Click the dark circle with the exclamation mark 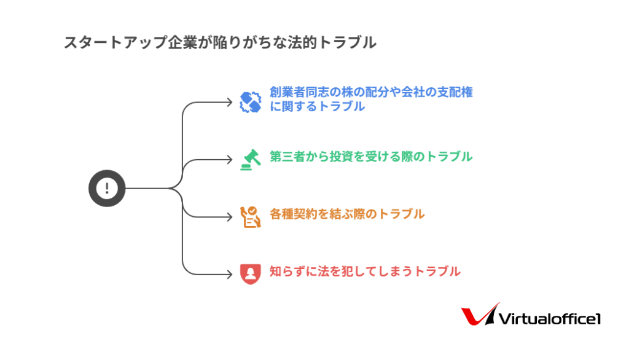(x=107, y=188)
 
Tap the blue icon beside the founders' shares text (x=251, y=102)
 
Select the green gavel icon (x=251, y=160)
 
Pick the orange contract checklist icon (x=251, y=217)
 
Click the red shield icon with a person (x=251, y=274)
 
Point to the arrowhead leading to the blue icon (x=230, y=103)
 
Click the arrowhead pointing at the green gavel (x=230, y=160)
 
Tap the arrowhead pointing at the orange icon (x=230, y=217)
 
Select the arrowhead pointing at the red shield (x=230, y=275)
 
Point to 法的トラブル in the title (x=332, y=42)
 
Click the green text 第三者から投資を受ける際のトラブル (x=371, y=157)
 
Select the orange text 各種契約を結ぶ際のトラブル (x=347, y=214)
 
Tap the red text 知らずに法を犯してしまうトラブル (x=365, y=272)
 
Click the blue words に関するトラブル (x=318, y=106)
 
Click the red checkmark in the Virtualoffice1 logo (x=479, y=315)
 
